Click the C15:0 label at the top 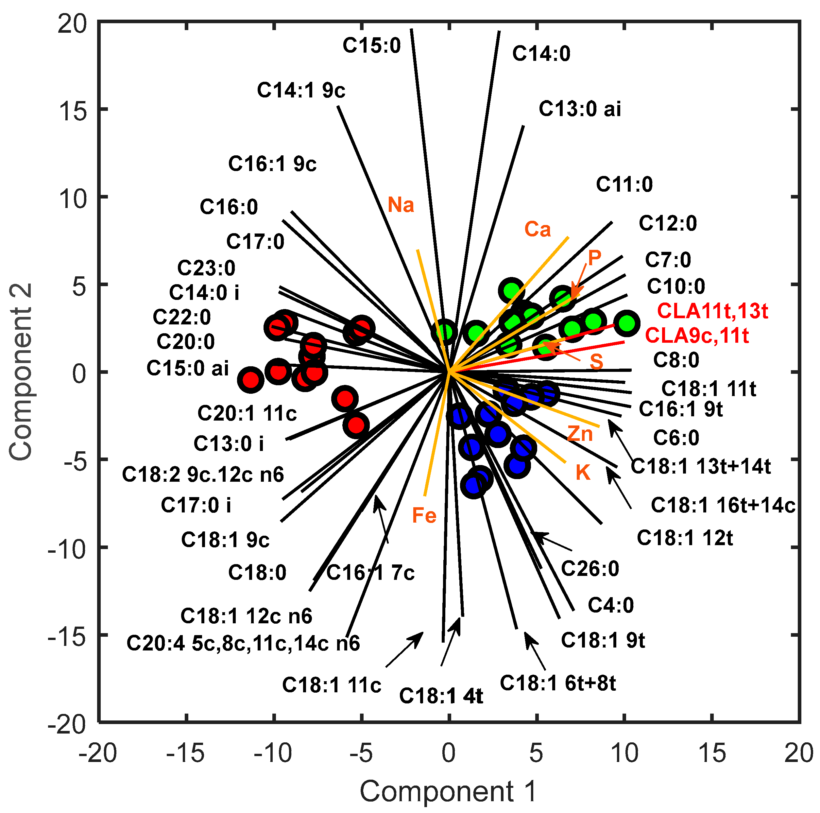tap(371, 45)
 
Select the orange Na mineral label tap(401, 205)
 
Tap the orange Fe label tap(424, 515)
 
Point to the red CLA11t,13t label tap(712, 311)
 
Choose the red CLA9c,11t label tap(697, 336)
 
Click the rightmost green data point tap(626, 323)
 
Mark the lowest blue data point tap(474, 485)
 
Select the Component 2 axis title tap(20, 372)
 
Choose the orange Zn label tap(580, 434)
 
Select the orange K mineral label tap(583, 473)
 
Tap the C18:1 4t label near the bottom tap(441, 696)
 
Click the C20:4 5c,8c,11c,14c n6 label tap(243, 643)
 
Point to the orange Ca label tap(537, 229)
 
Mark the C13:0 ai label tap(579, 109)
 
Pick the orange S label tap(596, 361)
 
